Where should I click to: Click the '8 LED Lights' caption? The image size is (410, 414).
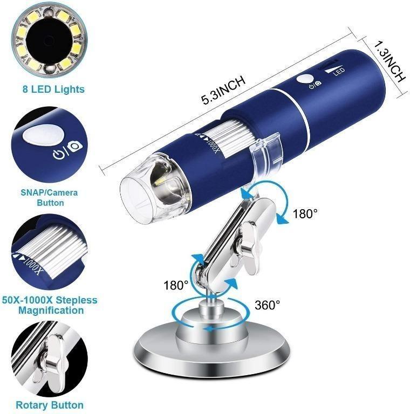point(51,89)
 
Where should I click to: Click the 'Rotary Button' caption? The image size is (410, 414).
point(50,404)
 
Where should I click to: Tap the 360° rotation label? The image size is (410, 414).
point(267,305)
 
